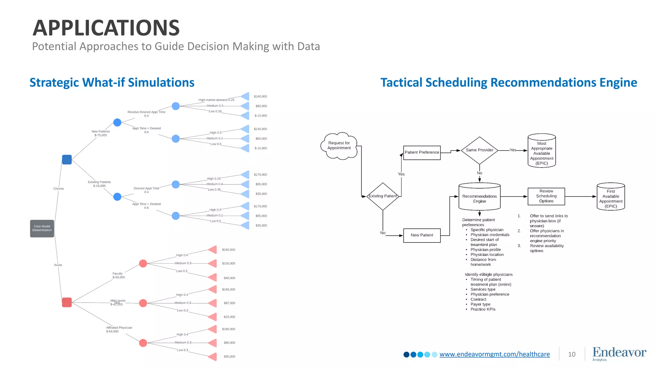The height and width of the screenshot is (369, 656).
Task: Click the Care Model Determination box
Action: (x=42, y=228)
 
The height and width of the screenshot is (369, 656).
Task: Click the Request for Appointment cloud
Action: (x=339, y=146)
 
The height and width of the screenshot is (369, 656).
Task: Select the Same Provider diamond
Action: (x=479, y=150)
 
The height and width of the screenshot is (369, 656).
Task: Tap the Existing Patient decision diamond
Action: (x=383, y=196)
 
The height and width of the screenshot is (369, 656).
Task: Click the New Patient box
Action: (x=422, y=235)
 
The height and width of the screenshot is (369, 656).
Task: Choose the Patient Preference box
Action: (x=422, y=152)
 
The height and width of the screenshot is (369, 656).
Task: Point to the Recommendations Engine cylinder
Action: (x=479, y=197)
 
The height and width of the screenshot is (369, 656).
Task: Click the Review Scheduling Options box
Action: (x=546, y=196)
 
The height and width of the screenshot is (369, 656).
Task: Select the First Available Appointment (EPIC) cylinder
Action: (x=611, y=197)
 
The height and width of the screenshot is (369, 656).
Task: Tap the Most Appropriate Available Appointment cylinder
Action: (x=542, y=151)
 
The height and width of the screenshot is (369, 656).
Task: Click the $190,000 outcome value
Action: (x=228, y=250)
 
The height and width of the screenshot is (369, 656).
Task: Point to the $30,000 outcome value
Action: (x=229, y=357)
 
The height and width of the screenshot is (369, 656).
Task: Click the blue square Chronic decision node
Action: (x=67, y=160)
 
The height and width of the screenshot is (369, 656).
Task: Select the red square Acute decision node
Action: (x=67, y=302)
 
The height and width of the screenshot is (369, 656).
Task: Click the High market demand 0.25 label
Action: (x=216, y=100)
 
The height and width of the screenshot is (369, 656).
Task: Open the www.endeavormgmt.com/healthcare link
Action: (x=495, y=354)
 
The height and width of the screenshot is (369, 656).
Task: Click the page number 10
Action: (x=572, y=354)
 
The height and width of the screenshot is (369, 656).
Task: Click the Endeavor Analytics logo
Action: (x=619, y=354)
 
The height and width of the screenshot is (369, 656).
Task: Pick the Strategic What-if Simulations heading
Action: (x=112, y=83)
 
